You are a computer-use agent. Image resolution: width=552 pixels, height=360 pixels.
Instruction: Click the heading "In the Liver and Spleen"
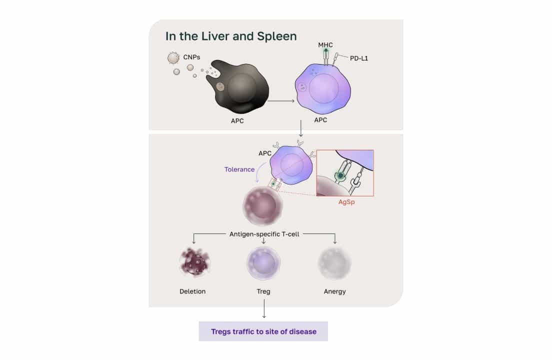pyautogui.click(x=231, y=36)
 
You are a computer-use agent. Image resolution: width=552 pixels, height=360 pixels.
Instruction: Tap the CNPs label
pyautogui.click(x=191, y=57)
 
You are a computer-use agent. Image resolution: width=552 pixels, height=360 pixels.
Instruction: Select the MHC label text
pyautogui.click(x=325, y=45)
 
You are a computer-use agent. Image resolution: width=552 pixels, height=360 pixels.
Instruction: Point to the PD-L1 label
pyautogui.click(x=359, y=58)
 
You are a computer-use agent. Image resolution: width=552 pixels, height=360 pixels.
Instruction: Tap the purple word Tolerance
pyautogui.click(x=239, y=169)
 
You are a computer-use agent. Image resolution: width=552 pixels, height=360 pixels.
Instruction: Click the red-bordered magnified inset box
pyautogui.click(x=345, y=173)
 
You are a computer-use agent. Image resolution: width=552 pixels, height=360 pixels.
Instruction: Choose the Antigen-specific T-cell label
pyautogui.click(x=264, y=233)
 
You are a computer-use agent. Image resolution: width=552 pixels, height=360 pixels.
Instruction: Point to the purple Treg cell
pyautogui.click(x=263, y=263)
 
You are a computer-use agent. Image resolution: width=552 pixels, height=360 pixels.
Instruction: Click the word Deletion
pyautogui.click(x=192, y=291)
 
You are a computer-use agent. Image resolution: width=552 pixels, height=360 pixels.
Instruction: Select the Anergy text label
pyautogui.click(x=334, y=291)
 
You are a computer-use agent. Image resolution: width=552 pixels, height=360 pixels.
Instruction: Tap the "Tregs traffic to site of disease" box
pyautogui.click(x=263, y=331)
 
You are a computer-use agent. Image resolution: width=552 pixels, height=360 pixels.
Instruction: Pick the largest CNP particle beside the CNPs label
pyautogui.click(x=173, y=58)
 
